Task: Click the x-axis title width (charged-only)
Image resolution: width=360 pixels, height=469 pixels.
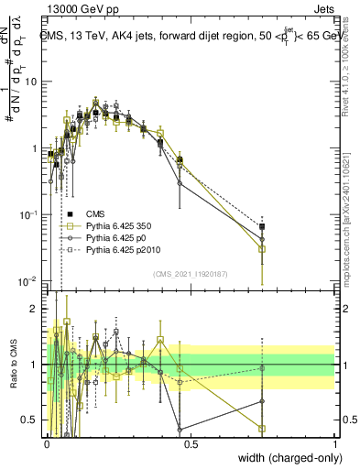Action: point(285,457)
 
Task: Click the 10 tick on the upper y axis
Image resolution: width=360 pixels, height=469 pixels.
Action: point(33,82)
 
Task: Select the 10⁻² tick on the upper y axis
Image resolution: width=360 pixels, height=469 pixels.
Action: point(30,280)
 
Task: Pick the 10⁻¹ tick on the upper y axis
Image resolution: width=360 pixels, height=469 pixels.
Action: point(30,214)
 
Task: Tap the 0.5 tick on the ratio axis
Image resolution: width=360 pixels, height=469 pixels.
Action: point(33,420)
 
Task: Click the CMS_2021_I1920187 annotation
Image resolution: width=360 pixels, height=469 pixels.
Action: point(191,272)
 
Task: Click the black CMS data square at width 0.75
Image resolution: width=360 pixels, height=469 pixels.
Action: point(262,226)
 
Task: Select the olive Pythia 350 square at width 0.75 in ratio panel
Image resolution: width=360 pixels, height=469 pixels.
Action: point(262,428)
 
